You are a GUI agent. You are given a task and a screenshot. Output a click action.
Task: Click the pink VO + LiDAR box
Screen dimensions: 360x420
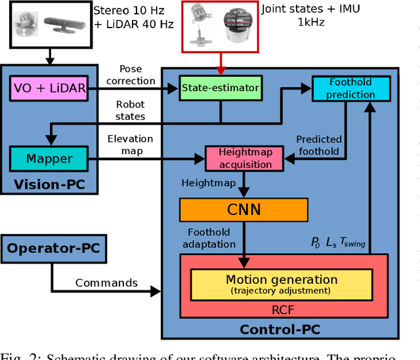tap(49, 89)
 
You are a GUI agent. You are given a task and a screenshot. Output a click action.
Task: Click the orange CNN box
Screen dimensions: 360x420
tap(243, 210)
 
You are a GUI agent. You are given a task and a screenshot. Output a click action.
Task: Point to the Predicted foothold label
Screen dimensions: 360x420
tap(318, 146)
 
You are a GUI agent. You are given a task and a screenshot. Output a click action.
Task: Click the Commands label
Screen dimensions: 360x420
tap(106, 283)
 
